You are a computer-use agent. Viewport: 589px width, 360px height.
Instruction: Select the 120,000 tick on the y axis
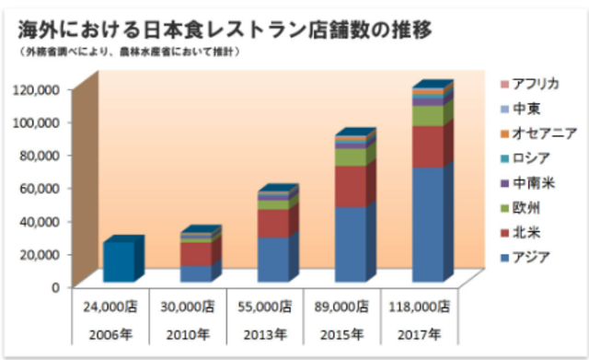coord(37,88)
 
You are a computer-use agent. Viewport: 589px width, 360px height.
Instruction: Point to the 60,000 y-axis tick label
coord(40,187)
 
